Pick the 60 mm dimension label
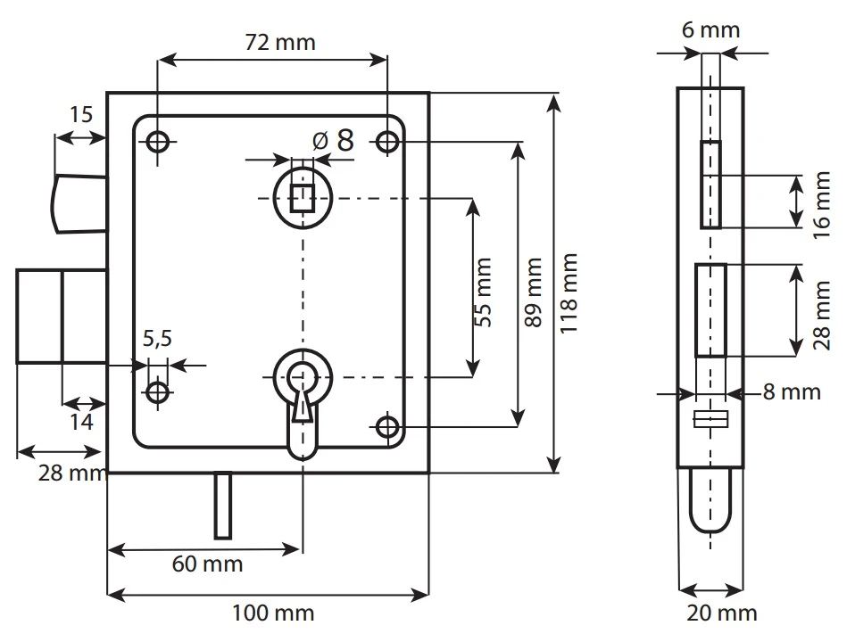click(x=207, y=564)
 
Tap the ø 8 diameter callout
click(x=334, y=140)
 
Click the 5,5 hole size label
click(x=157, y=338)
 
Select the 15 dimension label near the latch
click(x=80, y=114)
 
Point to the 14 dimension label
click(x=81, y=423)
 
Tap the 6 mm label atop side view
click(x=710, y=30)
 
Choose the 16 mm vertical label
click(x=821, y=204)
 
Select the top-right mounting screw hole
click(x=387, y=142)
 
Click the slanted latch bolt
click(x=79, y=203)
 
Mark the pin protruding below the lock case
click(x=223, y=505)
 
